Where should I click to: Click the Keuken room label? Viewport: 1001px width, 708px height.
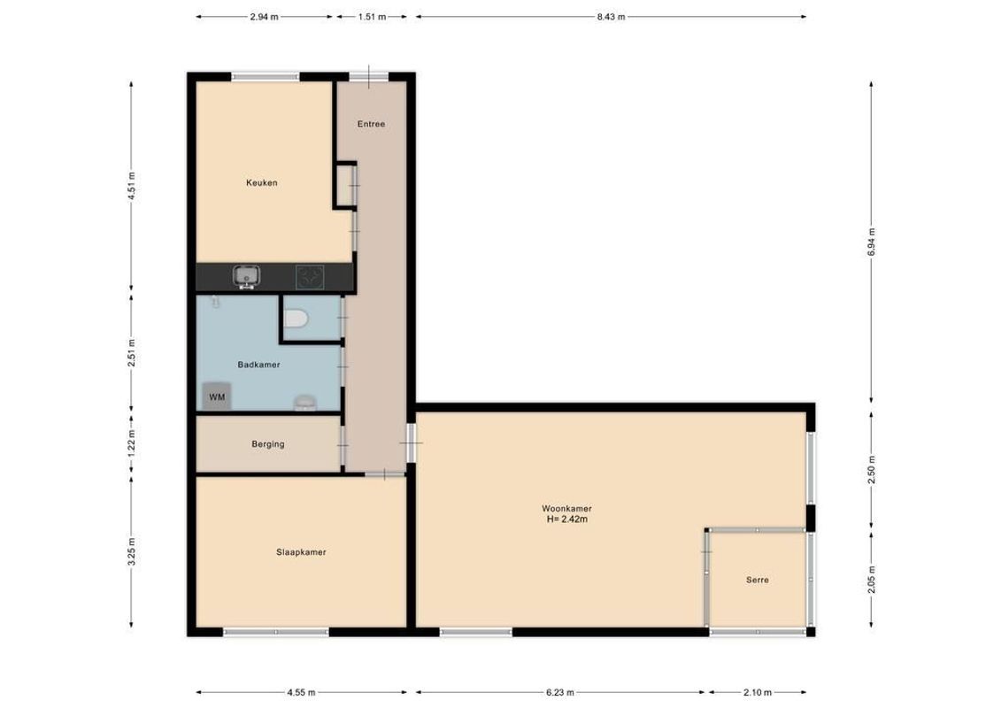pos(262,183)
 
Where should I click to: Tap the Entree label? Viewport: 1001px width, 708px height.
pos(371,124)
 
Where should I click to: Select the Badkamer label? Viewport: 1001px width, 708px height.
pos(258,365)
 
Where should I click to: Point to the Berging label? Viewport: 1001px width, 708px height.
pos(268,444)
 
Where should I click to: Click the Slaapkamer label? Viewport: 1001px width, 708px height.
pos(301,552)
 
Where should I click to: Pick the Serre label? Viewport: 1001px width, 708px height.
pos(757,581)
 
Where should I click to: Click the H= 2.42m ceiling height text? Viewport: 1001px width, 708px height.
pos(566,519)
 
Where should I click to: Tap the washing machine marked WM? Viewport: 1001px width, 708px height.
pos(217,397)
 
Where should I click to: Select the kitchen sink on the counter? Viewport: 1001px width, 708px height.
pos(245,277)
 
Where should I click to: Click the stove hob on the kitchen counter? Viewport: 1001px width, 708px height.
pos(309,277)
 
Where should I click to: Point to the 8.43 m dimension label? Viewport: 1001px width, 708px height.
pos(611,17)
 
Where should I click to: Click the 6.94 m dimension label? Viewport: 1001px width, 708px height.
pos(871,240)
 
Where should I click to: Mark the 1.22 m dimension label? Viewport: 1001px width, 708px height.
pos(132,440)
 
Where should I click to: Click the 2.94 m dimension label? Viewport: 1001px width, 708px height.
pos(265,17)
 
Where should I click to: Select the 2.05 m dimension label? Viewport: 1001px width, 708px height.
pos(871,581)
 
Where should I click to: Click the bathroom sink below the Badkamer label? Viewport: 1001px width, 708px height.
pos(304,403)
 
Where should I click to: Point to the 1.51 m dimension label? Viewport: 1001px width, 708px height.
pos(373,17)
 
